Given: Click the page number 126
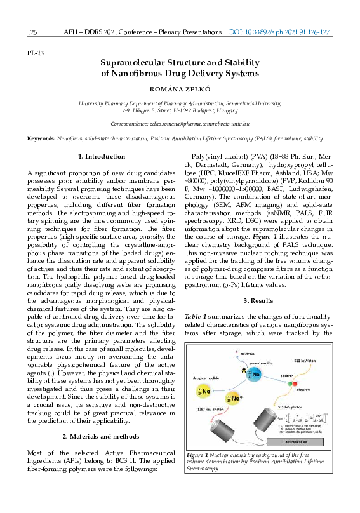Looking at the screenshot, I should click(x=32, y=32).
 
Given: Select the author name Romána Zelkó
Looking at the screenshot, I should click(x=180, y=90).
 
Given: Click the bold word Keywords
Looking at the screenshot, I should click(x=41, y=138).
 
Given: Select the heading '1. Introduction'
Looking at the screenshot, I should click(x=102, y=156).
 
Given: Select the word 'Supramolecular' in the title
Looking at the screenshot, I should click(x=133, y=62).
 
